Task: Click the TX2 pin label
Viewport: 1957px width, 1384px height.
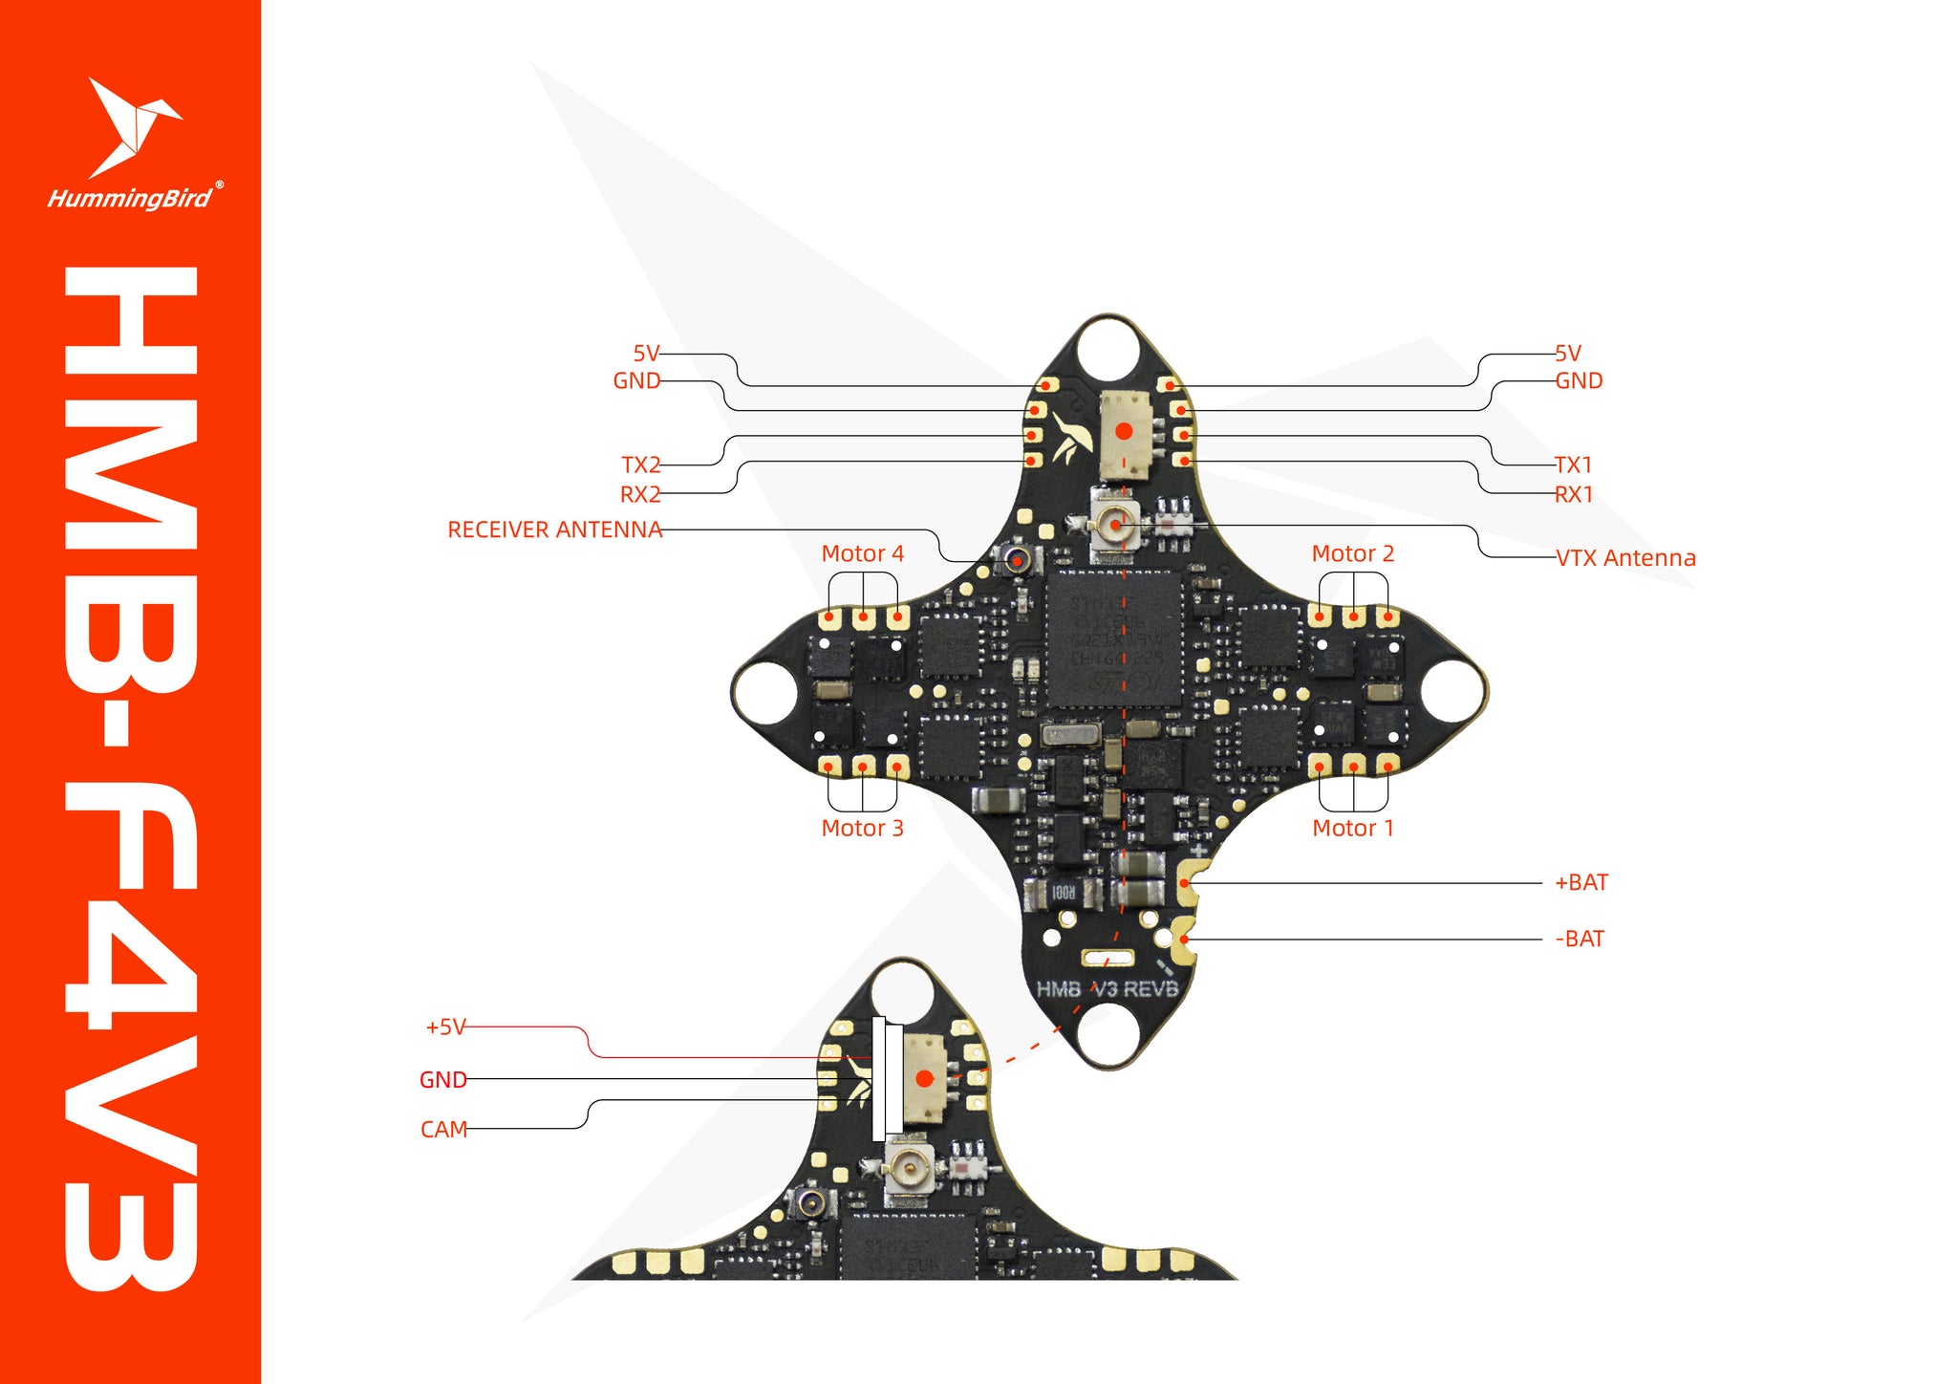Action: [640, 465]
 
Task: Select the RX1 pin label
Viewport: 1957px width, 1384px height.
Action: [1573, 494]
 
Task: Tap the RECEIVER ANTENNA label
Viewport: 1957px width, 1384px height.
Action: [554, 530]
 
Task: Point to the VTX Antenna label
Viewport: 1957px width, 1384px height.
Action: [1625, 558]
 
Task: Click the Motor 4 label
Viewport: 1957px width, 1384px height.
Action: [862, 553]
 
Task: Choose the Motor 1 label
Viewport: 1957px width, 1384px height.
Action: [1352, 828]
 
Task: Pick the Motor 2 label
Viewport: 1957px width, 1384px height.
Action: [1352, 553]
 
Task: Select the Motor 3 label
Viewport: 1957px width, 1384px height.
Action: [862, 828]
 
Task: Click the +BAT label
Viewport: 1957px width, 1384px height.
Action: [1581, 882]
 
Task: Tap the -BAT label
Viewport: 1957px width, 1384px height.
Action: [1579, 939]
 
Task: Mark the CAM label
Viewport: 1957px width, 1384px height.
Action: [443, 1129]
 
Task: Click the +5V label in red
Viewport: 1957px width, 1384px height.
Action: [445, 1027]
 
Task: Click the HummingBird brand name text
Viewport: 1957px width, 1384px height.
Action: [130, 199]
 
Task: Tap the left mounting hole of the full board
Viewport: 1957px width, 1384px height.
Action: [764, 690]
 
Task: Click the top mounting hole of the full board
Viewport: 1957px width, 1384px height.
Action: [1108, 346]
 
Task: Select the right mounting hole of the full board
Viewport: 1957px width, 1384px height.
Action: [1453, 690]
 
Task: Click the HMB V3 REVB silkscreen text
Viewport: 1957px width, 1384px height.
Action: [1108, 988]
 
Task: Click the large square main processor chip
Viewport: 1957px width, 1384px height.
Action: [1114, 638]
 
